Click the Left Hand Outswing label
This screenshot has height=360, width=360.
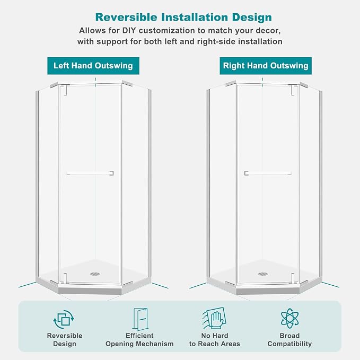(93, 66)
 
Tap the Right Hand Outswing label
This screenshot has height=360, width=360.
(266, 66)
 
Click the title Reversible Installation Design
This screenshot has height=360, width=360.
(183, 17)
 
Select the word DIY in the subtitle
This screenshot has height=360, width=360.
(129, 31)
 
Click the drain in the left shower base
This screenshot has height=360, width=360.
(95, 274)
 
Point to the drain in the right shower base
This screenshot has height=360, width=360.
(263, 274)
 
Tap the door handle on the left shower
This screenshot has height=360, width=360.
(90, 173)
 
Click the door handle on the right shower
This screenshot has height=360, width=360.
(268, 173)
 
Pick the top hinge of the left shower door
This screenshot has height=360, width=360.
(65, 90)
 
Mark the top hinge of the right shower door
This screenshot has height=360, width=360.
(294, 90)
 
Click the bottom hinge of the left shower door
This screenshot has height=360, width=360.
(65, 278)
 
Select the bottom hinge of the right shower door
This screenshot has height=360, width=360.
(293, 278)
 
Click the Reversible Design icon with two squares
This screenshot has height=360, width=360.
(64, 319)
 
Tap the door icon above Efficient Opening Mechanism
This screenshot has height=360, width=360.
(140, 319)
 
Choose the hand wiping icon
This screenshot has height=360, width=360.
(214, 319)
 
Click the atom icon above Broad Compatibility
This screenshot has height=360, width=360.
(289, 318)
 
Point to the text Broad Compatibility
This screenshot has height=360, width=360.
(289, 339)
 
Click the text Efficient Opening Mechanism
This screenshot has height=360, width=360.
(139, 339)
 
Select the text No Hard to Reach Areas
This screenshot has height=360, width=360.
(215, 339)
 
